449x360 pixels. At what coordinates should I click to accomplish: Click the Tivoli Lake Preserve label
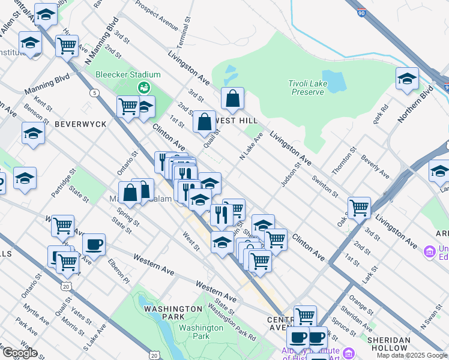308,88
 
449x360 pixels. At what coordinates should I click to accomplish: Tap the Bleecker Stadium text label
128,74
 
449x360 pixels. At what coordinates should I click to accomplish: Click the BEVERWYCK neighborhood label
80,124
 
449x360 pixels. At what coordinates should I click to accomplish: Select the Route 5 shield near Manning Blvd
94,92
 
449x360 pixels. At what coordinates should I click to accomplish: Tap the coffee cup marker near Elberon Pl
94,244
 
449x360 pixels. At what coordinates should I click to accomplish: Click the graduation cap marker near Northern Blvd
407,79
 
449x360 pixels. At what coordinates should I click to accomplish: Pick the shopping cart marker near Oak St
359,208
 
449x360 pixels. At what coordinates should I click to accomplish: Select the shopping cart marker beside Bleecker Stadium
128,107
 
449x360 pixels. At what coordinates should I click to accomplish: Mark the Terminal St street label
184,37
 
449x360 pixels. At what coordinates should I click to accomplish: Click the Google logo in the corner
19,353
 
